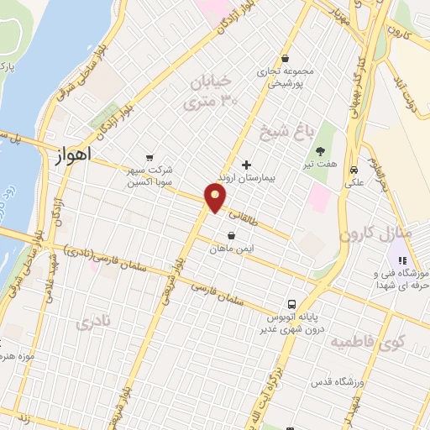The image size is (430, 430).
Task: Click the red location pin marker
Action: [x=216, y=198]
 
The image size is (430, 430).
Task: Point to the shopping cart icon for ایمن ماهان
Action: [x=231, y=235]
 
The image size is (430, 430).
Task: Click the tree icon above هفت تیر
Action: [x=320, y=153]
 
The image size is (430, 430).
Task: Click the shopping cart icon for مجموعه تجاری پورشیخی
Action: [x=286, y=59]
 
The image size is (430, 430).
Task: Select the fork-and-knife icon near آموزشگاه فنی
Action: [x=402, y=260]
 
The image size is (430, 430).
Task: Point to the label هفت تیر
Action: [x=319, y=166]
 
